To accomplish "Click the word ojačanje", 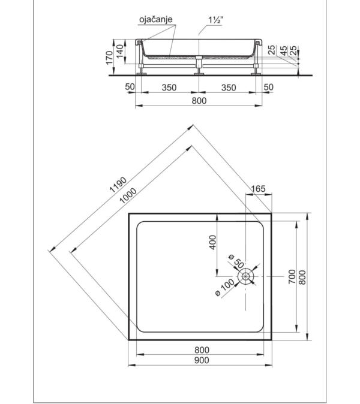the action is point(156,19).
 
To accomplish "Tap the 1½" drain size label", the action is point(215,20).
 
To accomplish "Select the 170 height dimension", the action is point(109,58).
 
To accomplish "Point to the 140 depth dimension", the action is point(119,51).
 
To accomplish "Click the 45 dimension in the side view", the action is point(283,50).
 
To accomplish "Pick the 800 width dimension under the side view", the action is point(199,101).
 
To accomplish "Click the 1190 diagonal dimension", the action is point(118,185).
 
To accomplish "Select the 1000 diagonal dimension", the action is point(128,195).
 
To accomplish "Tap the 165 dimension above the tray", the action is point(258,189).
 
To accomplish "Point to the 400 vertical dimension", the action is point(213,242).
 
